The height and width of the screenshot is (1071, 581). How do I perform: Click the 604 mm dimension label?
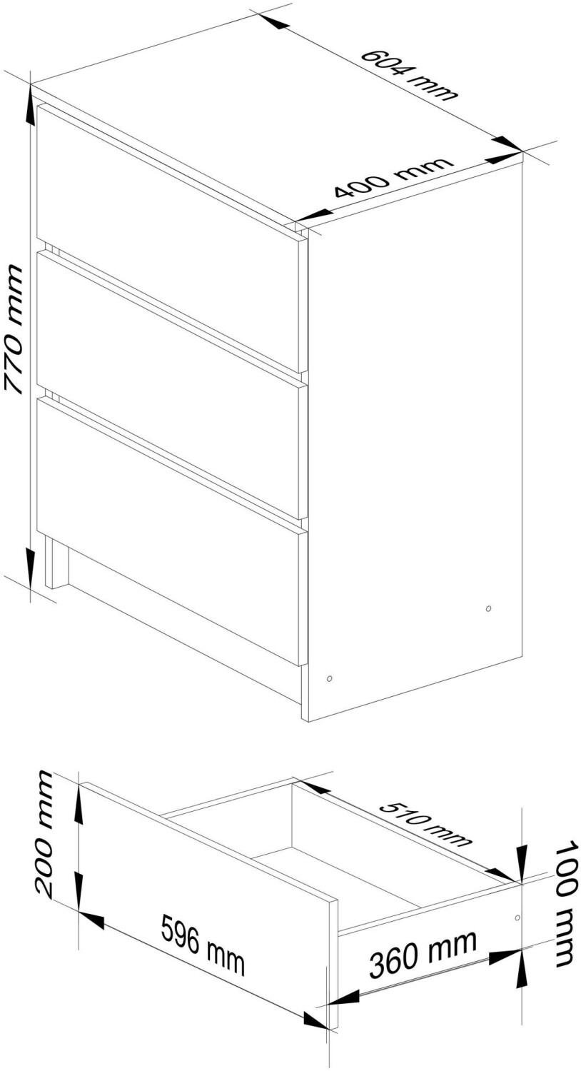[x=409, y=74]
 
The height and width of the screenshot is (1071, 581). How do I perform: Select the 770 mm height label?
[x=14, y=330]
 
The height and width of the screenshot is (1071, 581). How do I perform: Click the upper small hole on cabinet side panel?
[x=487, y=608]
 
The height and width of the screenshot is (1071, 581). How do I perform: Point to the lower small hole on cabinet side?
[x=329, y=678]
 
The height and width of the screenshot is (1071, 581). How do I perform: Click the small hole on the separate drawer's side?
[x=517, y=918]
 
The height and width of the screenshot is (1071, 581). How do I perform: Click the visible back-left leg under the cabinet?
[x=56, y=561]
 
